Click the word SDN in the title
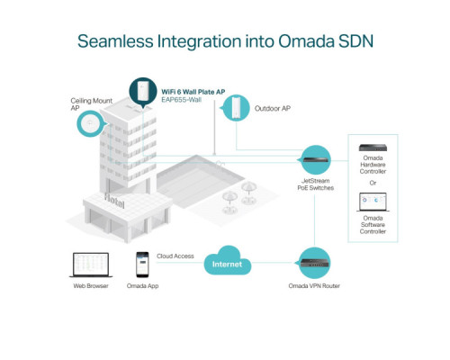355,41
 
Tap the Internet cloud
228,261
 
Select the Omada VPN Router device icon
314,263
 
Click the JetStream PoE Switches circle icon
315,160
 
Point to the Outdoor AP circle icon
236,108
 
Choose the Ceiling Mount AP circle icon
91,123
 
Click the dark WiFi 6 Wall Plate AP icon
143,92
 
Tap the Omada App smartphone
142,265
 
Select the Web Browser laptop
91,265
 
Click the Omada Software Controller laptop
373,202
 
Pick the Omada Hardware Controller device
373,148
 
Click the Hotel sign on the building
114,201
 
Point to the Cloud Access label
175,256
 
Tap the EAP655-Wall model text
181,100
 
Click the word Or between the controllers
373,183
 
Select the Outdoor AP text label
273,108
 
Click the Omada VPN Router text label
314,286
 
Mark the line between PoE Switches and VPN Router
314,220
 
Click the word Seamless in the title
115,41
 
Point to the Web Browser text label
91,286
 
